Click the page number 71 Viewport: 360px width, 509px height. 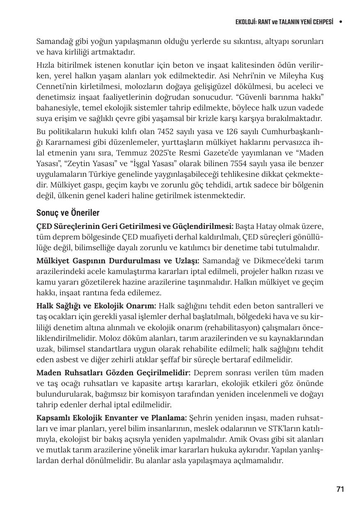(x=340, y=489)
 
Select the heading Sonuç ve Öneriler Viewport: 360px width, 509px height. (x=68, y=213)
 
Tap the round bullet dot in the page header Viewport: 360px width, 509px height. (x=341, y=22)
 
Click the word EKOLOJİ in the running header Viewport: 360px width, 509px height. (x=245, y=22)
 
